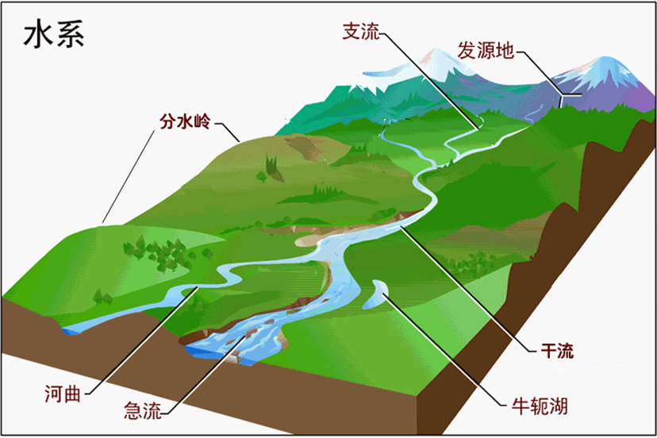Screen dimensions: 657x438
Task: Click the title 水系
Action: point(54,35)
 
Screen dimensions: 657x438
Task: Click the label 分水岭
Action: point(186,123)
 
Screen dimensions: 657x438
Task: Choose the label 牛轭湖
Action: point(539,406)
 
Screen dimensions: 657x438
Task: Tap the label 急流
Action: point(143,410)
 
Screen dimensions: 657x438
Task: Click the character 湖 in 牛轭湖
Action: point(559,406)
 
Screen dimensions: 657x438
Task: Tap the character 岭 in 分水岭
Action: point(204,123)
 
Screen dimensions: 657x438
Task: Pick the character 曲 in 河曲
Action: point(74,392)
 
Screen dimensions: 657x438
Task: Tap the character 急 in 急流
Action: point(133,410)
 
